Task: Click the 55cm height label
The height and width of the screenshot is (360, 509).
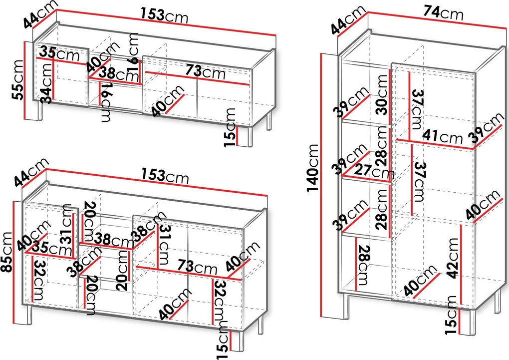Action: point(17,79)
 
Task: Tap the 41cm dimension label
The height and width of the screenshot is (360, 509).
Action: point(442,136)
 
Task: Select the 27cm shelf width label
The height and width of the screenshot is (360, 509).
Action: point(374,171)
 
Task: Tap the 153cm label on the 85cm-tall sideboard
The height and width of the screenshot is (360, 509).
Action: point(165,176)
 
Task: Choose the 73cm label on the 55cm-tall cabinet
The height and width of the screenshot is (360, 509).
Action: point(205,72)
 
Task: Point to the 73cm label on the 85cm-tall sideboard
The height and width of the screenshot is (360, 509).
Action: point(197,267)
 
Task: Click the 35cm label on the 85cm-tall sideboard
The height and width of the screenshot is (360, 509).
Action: point(51,249)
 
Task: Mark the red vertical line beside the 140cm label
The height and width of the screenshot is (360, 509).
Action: point(321,185)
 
